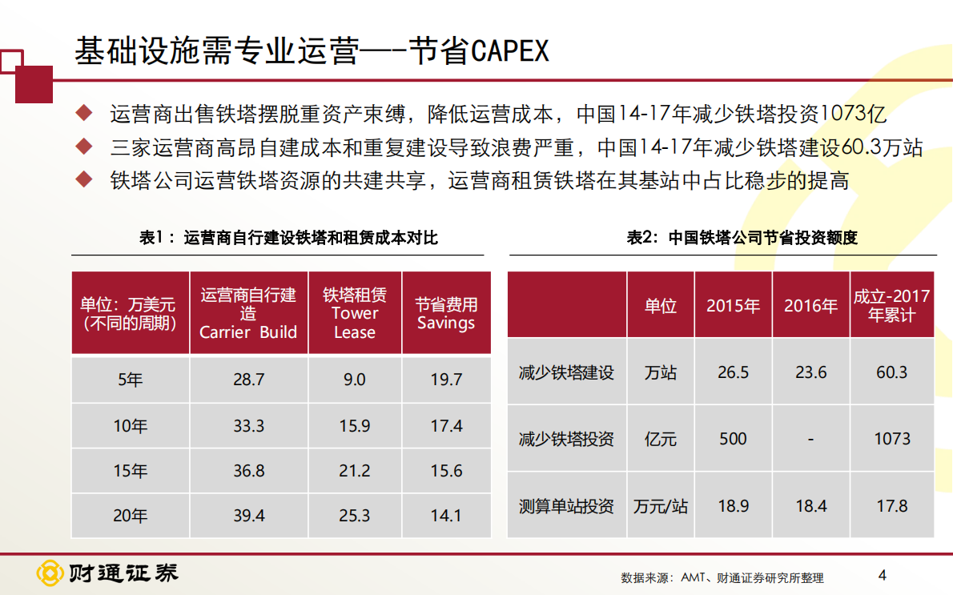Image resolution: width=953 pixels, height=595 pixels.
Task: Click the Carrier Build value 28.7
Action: [248, 380]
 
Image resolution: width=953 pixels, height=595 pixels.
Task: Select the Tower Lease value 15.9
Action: [354, 426]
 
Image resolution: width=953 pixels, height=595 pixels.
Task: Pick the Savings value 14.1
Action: [446, 516]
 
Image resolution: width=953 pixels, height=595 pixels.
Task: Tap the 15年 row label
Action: [131, 471]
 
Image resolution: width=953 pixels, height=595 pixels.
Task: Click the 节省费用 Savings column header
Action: [446, 314]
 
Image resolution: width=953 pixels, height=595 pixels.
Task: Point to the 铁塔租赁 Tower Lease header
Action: [354, 313]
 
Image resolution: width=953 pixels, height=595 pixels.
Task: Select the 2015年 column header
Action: [733, 306]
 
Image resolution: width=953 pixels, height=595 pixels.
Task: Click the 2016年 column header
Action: [810, 306]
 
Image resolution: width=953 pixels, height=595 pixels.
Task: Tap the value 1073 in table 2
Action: [892, 439]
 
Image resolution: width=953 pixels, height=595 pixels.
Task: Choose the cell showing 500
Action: [733, 439]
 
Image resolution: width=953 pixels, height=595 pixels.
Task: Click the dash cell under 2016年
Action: [810, 439]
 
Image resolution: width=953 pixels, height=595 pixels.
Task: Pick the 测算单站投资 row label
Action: [566, 506]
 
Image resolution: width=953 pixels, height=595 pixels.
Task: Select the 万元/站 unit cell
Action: [661, 506]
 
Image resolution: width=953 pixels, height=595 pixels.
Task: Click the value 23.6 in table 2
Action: [810, 372]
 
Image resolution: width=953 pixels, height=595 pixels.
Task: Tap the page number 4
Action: [883, 574]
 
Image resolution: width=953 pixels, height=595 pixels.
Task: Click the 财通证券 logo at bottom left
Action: [107, 573]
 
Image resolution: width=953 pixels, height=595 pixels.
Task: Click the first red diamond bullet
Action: [83, 112]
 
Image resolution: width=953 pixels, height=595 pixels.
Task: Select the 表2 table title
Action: [742, 238]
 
